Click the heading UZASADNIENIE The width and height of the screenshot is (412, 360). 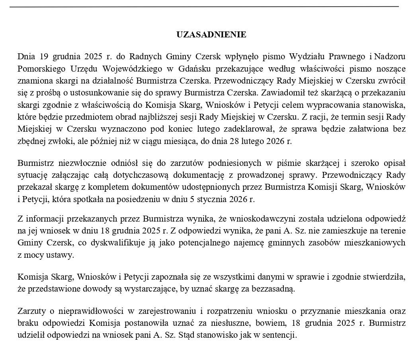(211, 35)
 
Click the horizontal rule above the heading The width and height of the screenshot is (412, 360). (204, 7)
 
